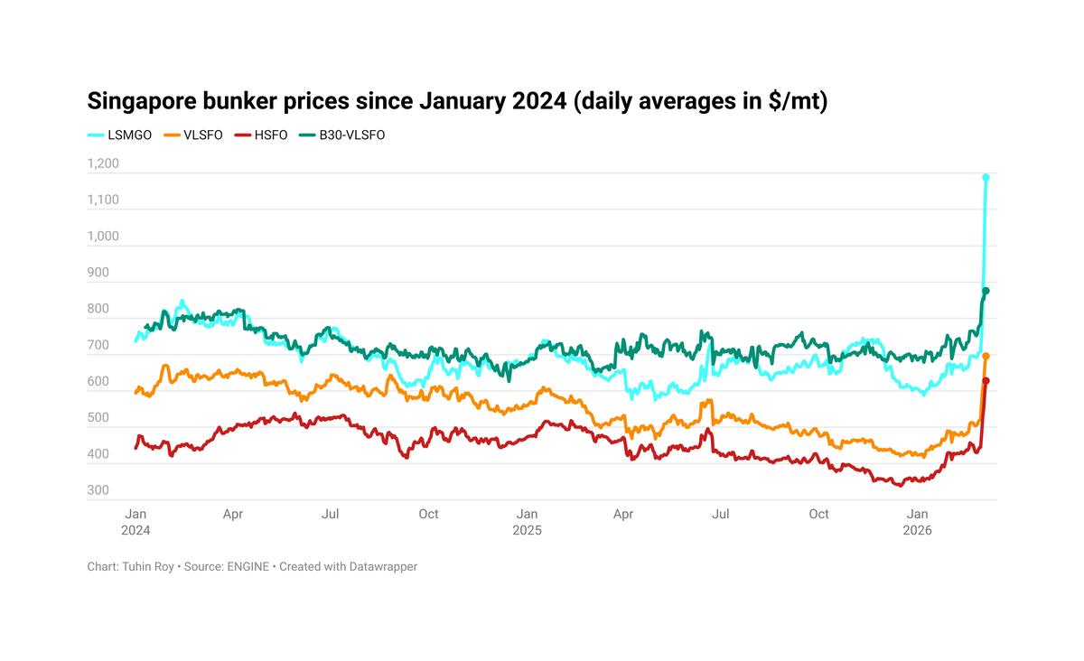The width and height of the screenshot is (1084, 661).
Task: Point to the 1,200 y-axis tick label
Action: [103, 164]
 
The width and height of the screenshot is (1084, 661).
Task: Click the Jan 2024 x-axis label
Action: [135, 522]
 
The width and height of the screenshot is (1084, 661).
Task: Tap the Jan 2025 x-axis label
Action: [527, 522]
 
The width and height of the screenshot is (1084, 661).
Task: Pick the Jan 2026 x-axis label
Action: [918, 522]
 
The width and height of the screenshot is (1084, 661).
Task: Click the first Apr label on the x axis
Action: [233, 514]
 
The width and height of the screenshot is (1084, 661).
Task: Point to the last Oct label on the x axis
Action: [818, 514]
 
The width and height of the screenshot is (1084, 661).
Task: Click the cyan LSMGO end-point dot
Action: [986, 178]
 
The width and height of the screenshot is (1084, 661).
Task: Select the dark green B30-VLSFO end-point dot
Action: [986, 291]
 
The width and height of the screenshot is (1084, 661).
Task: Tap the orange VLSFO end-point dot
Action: [986, 357]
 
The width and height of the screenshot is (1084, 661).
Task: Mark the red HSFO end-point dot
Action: [986, 381]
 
